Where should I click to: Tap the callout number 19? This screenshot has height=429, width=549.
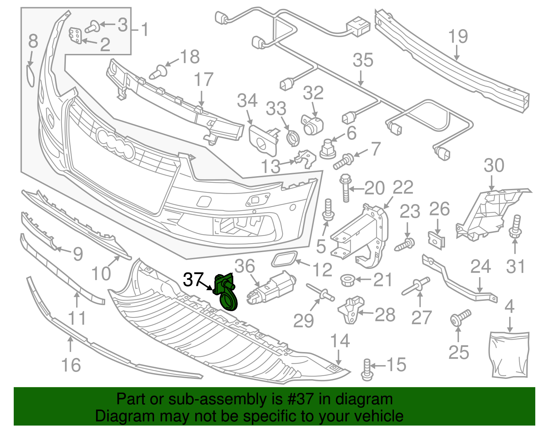(x=458, y=37)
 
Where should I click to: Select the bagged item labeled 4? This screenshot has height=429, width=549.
(x=509, y=354)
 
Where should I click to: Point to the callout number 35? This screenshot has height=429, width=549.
(x=363, y=60)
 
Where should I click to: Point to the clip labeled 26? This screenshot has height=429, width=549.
(x=436, y=239)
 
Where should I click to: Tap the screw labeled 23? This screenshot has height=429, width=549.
(x=406, y=244)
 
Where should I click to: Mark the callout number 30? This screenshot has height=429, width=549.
(x=494, y=166)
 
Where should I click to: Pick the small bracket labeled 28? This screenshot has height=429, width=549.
(x=351, y=309)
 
